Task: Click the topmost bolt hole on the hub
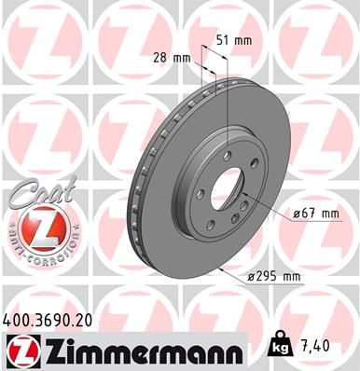[x=228, y=151]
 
